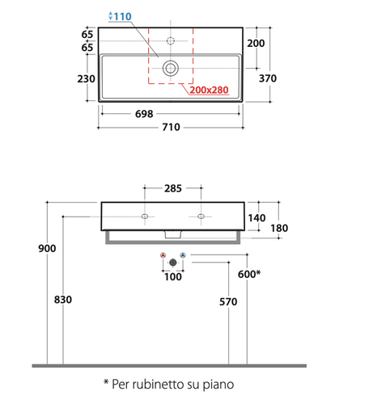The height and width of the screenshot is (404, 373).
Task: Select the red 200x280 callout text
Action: click(x=209, y=90)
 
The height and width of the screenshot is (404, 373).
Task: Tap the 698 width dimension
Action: click(x=144, y=114)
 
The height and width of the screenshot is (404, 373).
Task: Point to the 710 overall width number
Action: click(x=171, y=127)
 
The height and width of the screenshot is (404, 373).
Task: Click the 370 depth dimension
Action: click(x=268, y=78)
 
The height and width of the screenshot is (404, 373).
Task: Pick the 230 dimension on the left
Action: click(x=86, y=79)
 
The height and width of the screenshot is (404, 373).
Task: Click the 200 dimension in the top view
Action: click(x=256, y=43)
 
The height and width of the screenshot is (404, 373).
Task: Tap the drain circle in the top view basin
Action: click(x=171, y=69)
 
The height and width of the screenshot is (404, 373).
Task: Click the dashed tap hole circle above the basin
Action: click(x=171, y=41)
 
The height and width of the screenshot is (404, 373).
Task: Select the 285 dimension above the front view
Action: click(x=173, y=188)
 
